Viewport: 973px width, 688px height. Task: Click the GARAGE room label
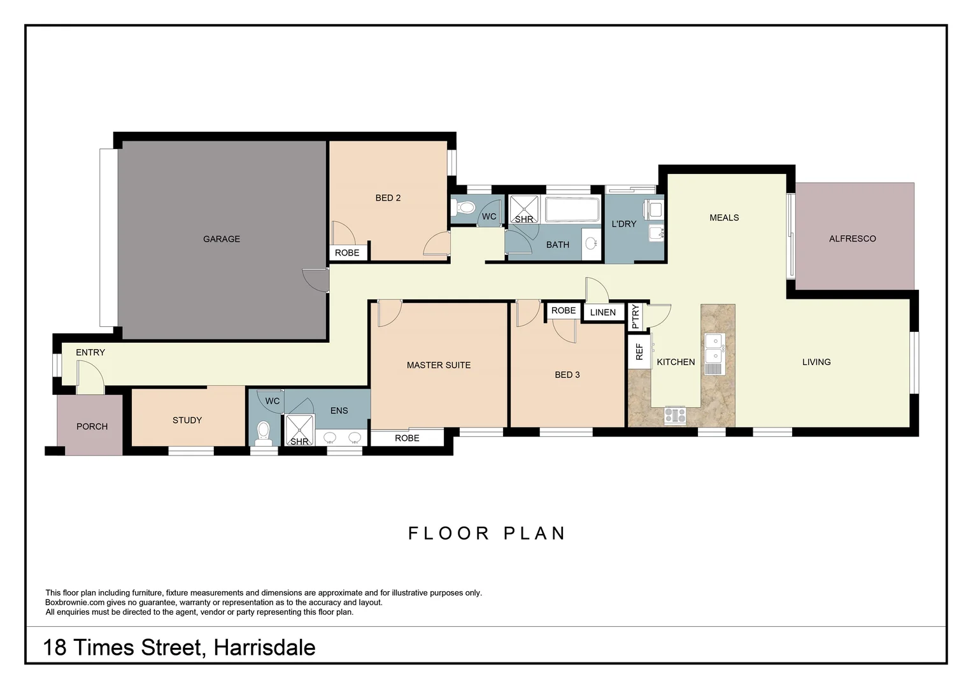coord(222,239)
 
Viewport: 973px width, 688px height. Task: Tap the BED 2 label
coord(388,198)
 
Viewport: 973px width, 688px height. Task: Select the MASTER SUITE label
coord(439,365)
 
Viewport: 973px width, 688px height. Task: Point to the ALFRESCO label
coord(852,239)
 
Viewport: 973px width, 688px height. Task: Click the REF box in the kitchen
coord(639,352)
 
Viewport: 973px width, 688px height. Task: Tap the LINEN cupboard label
coord(602,312)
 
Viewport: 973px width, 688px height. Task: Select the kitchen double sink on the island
coord(714,348)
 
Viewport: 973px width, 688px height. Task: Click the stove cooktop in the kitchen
coord(675,416)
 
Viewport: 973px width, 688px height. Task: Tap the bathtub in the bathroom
coord(572,210)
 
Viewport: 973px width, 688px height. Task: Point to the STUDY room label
coord(187,420)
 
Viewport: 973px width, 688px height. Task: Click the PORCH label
coord(92,427)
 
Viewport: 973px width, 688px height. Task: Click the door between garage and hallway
coord(316,280)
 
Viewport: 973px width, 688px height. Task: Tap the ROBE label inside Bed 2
coord(347,253)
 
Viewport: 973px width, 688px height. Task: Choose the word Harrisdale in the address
coord(264,647)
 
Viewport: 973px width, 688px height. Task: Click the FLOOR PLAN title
coord(487,533)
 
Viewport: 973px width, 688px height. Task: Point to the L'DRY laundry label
coord(623,224)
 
